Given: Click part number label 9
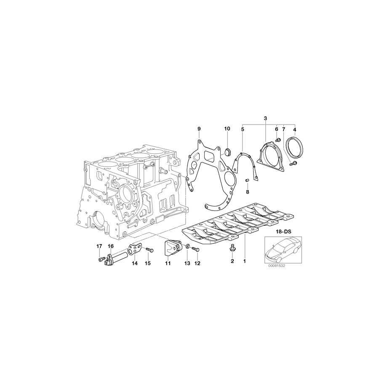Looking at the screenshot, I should pyautogui.click(x=199, y=128).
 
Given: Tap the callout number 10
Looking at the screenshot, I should pyautogui.click(x=227, y=128).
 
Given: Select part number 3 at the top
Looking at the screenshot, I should pyautogui.click(x=265, y=119).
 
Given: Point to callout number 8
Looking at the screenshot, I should pyautogui.click(x=248, y=192).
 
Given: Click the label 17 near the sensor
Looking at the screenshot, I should pyautogui.click(x=100, y=246).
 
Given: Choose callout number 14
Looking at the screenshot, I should pyautogui.click(x=135, y=264).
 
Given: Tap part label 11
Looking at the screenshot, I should pyautogui.click(x=168, y=264).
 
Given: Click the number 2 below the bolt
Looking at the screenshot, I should pyautogui.click(x=232, y=262).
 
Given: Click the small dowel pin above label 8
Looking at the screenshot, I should pyautogui.click(x=248, y=181).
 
